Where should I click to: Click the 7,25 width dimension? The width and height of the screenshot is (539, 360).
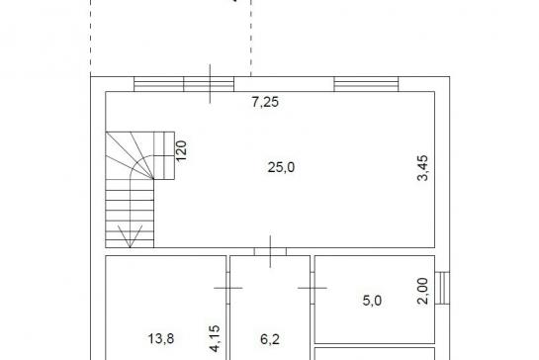265,102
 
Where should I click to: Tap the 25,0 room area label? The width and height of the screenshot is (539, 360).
281,167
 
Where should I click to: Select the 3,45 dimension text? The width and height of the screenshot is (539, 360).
423,168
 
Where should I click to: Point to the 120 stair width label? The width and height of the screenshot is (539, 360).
181,150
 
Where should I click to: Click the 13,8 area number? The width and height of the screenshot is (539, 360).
161,338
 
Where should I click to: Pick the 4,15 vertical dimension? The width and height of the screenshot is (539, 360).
215,338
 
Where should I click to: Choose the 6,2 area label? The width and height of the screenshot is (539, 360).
270,339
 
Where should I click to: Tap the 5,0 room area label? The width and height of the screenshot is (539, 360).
372,301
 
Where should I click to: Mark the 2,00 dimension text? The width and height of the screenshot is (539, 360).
423,291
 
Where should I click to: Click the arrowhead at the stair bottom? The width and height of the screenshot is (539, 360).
130,236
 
